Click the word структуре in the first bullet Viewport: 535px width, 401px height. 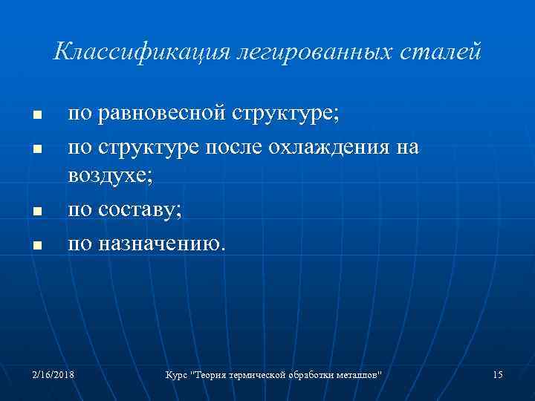(x=285, y=115)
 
